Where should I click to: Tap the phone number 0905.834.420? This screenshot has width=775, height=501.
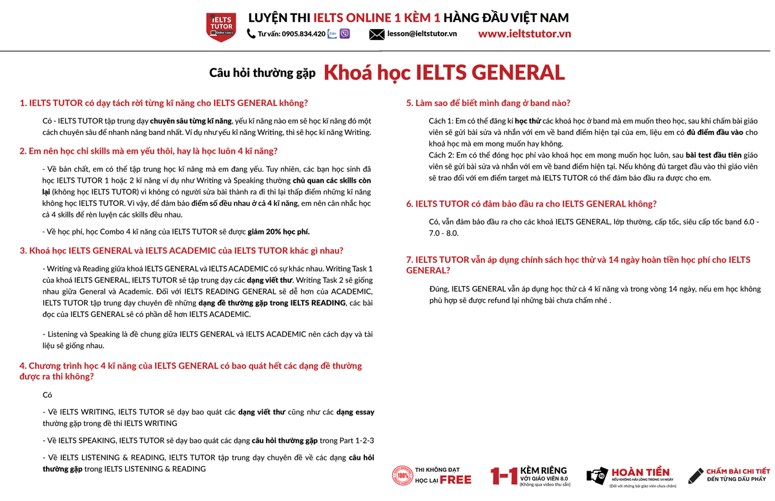303,34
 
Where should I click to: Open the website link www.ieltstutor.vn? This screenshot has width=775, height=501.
524,34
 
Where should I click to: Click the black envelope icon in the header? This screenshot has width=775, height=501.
377,34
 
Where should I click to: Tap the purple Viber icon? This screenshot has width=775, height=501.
345,34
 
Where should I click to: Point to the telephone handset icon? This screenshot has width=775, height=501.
251,34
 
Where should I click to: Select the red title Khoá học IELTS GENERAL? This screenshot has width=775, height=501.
444,72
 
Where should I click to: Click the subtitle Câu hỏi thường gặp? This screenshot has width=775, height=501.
262,73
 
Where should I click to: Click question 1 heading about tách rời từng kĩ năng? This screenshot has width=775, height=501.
164,103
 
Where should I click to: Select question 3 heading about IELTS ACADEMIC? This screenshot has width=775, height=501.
181,251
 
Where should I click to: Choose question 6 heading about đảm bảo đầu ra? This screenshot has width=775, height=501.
531,204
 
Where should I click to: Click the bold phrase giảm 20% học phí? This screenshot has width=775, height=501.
273,231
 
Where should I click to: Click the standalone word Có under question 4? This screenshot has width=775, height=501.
47,394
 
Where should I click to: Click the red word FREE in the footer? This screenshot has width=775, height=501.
455,480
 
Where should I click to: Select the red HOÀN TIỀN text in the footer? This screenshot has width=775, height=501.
640,473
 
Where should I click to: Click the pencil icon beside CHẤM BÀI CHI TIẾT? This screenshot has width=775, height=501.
695,476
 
